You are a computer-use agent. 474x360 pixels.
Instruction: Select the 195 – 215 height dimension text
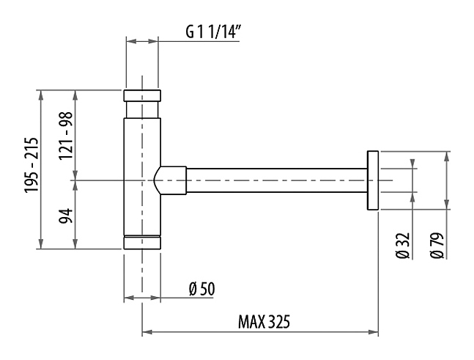pyautogui.click(x=32, y=165)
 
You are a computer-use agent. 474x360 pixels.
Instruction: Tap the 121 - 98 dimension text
pyautogui.click(x=66, y=136)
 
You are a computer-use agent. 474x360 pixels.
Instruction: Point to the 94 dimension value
pyautogui.click(x=66, y=216)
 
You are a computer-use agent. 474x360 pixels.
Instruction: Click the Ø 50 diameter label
pyautogui.click(x=202, y=289)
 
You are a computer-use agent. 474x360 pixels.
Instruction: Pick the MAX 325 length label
pyautogui.click(x=264, y=322)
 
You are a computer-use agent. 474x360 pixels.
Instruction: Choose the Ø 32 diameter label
pyautogui.click(x=403, y=246)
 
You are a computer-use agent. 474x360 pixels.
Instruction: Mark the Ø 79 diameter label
pyautogui.click(x=437, y=246)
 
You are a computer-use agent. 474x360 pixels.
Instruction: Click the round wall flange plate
pyautogui.click(x=373, y=180)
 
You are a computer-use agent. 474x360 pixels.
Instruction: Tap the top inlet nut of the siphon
pyautogui.click(x=142, y=95)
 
